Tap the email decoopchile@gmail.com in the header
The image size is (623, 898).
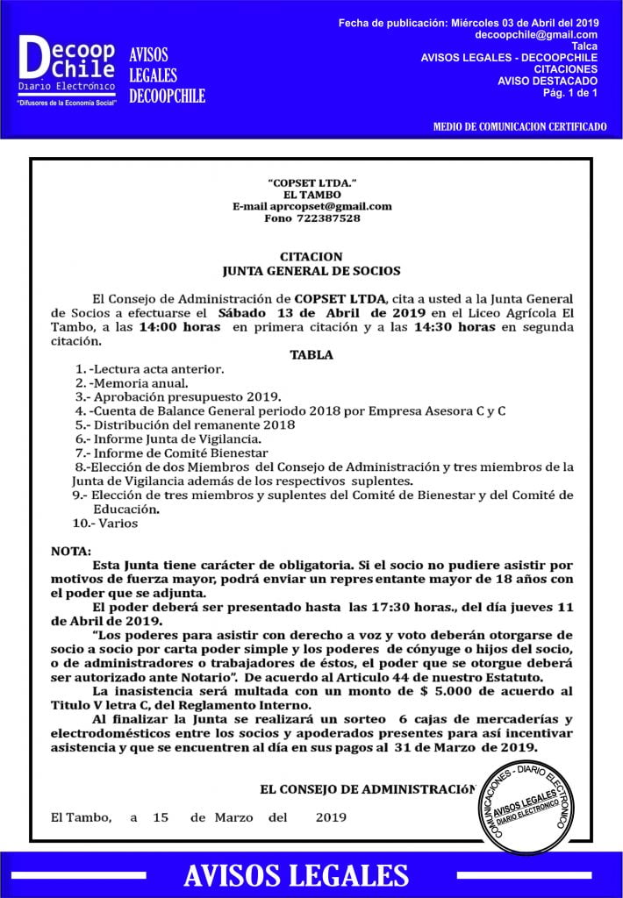point(536,34)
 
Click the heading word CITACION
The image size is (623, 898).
point(311,257)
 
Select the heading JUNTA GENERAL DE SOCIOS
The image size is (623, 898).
point(311,271)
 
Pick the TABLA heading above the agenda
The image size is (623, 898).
point(311,355)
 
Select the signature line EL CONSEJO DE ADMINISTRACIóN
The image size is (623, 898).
point(369,789)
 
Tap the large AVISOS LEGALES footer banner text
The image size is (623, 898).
point(296,875)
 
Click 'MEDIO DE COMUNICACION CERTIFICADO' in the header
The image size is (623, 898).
point(519,126)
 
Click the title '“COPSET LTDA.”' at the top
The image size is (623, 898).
point(311,182)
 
